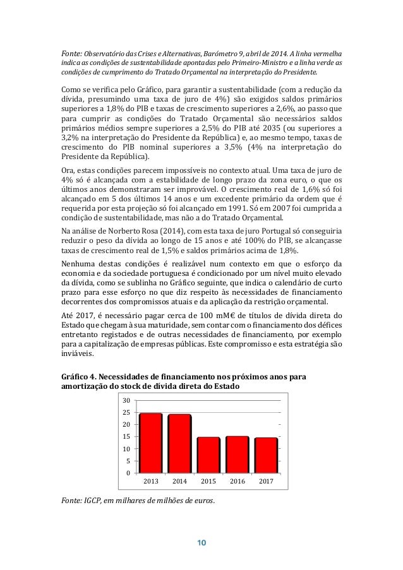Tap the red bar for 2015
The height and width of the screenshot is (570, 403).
tap(208, 455)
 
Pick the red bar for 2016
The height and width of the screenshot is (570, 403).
tap(238, 454)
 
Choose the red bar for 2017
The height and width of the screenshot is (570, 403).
tap(266, 455)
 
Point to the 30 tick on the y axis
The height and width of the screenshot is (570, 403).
tap(126, 401)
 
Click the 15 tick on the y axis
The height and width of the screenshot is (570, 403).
tap(126, 437)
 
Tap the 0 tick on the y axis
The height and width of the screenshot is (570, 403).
tap(128, 473)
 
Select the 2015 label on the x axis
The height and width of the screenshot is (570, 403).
tap(208, 482)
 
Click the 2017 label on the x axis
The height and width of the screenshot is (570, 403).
tap(266, 482)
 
